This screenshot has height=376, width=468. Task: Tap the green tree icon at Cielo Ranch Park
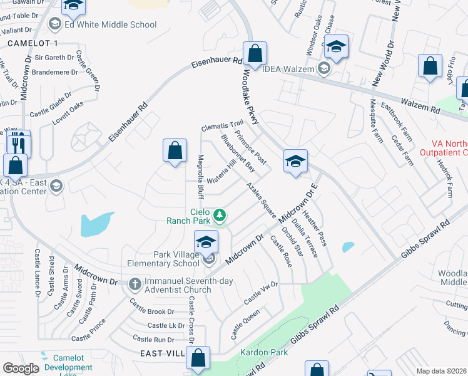pyautogui.click(x=219, y=216)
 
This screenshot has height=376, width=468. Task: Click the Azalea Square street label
pyautogui.click(x=261, y=199)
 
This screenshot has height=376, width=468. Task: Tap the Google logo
pyautogui.click(x=21, y=368)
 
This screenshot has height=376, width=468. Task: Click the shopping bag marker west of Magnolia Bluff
pyautogui.click(x=175, y=150)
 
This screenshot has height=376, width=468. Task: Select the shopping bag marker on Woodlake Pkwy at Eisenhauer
pyautogui.click(x=255, y=54)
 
